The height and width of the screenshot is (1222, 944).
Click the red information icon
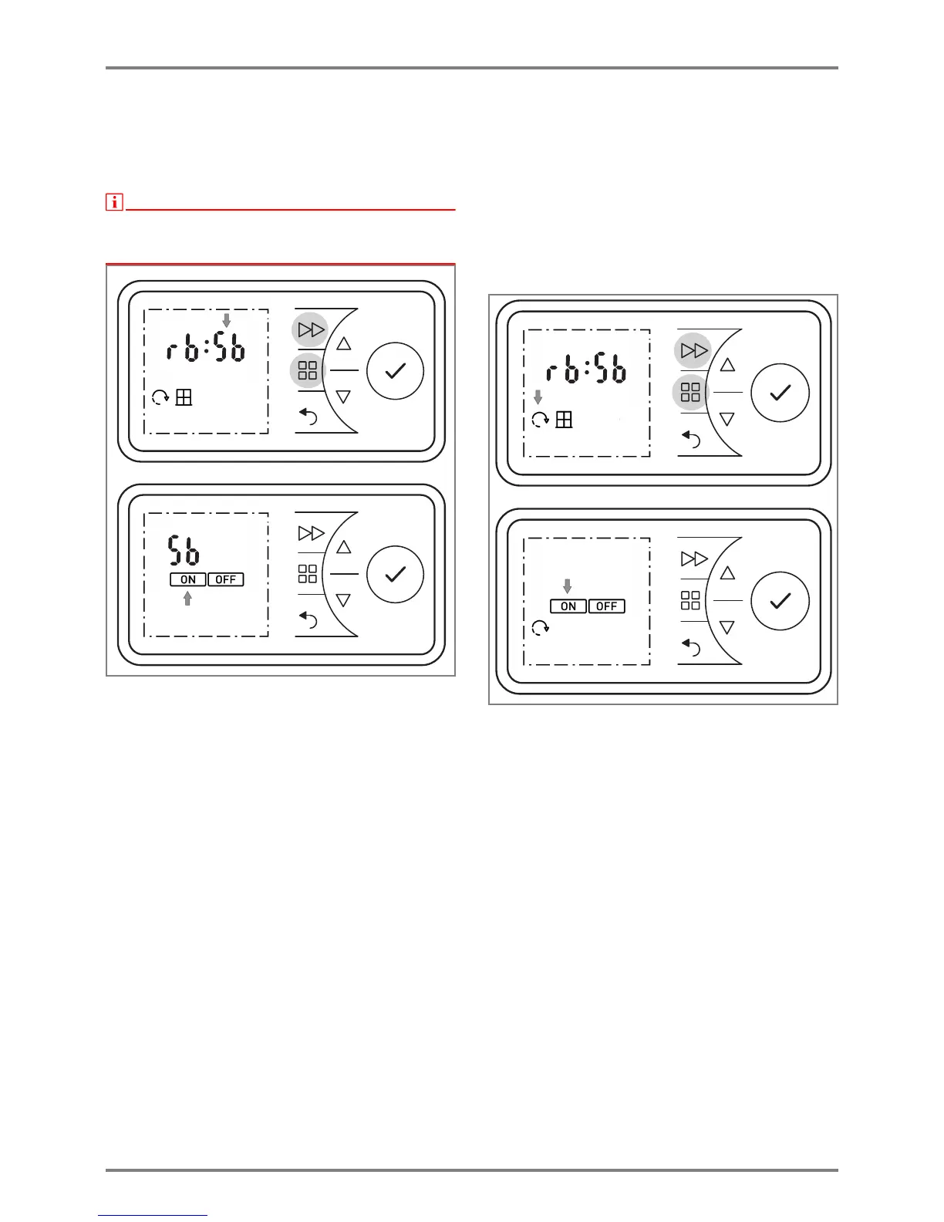(114, 202)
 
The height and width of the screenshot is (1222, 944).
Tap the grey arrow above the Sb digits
(226, 320)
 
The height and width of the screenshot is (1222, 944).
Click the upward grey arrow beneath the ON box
(187, 598)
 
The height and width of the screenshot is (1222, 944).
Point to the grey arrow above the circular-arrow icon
(538, 397)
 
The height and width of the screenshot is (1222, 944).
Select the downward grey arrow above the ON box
(568, 586)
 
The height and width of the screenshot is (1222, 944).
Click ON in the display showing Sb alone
(188, 579)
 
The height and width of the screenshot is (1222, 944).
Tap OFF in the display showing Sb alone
(226, 579)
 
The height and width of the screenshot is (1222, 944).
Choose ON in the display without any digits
(568, 606)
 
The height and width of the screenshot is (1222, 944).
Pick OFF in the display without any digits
(607, 606)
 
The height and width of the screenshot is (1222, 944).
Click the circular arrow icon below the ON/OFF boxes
(541, 628)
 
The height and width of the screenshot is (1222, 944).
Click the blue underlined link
(153, 1215)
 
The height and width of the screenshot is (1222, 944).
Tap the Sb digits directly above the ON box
(184, 551)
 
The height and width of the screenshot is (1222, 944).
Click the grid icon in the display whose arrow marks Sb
(184, 397)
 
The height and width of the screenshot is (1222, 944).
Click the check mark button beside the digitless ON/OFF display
(780, 601)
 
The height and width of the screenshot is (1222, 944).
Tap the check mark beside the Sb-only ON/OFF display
(395, 574)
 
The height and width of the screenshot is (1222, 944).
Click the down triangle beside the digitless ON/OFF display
(727, 628)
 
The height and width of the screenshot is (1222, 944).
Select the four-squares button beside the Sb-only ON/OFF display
(308, 573)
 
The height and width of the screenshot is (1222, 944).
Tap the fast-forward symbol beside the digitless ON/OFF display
(694, 559)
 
